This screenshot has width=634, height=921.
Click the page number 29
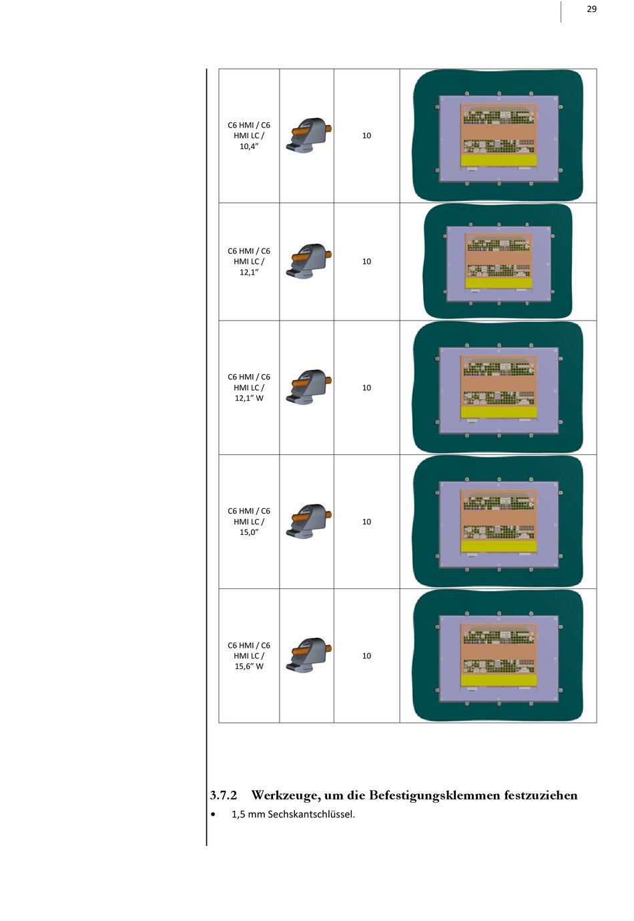coord(591,9)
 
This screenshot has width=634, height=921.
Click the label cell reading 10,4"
coord(248,136)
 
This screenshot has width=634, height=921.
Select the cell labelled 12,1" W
coord(248,387)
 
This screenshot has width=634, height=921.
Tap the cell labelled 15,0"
coord(248,522)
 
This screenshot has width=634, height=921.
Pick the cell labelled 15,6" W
coord(248,655)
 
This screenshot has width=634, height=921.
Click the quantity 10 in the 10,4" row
coord(366,136)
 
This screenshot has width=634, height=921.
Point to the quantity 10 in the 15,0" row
coord(366,522)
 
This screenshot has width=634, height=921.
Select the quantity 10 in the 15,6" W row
coord(366,656)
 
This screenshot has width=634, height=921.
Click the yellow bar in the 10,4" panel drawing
coord(499,160)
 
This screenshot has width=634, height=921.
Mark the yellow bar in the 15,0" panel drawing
coord(499,546)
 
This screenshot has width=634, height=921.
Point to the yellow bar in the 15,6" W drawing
coord(499,680)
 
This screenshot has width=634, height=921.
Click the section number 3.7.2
coord(223,795)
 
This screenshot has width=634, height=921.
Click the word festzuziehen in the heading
coord(541,795)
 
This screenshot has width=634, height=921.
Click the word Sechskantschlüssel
coord(312,815)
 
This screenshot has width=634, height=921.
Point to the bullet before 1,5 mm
coord(212,815)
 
